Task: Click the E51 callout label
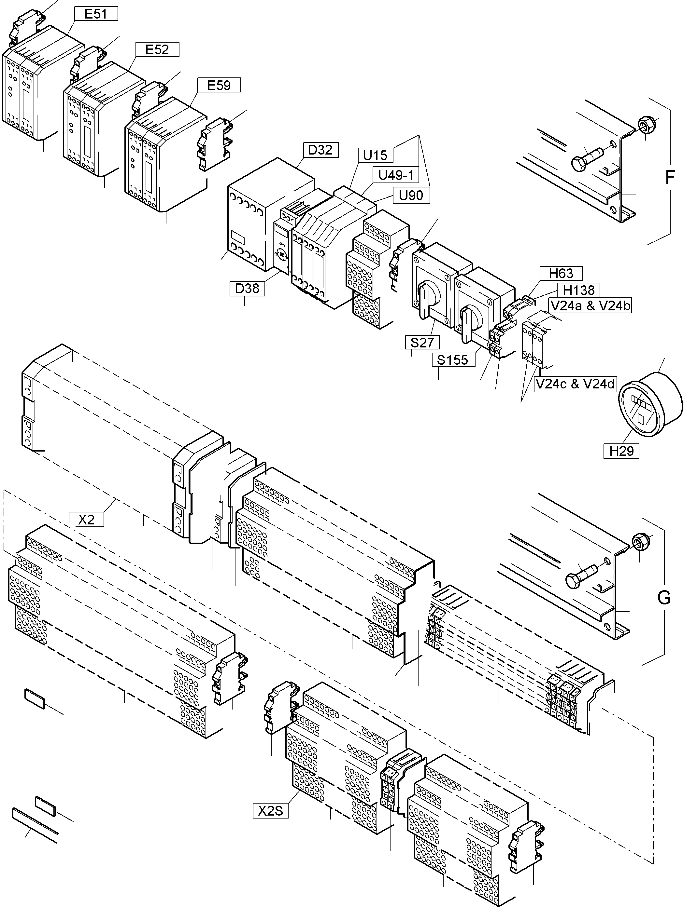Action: [96, 14]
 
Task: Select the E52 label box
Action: [157, 50]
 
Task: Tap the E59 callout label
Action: [219, 85]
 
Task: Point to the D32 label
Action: [320, 150]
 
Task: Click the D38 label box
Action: [247, 288]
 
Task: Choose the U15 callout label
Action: [376, 156]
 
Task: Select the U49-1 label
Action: [396, 175]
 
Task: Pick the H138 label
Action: [579, 290]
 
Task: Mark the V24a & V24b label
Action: [590, 305]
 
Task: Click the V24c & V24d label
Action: [575, 384]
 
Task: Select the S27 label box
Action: [422, 342]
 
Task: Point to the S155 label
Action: [453, 359]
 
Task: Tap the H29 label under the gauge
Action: [621, 451]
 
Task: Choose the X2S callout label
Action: [270, 811]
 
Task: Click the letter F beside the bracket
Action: [669, 177]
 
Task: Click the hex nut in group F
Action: [645, 124]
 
